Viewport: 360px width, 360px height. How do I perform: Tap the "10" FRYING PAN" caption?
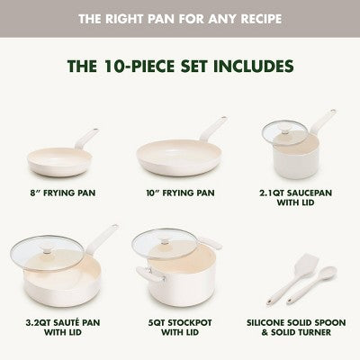(x=179, y=190)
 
